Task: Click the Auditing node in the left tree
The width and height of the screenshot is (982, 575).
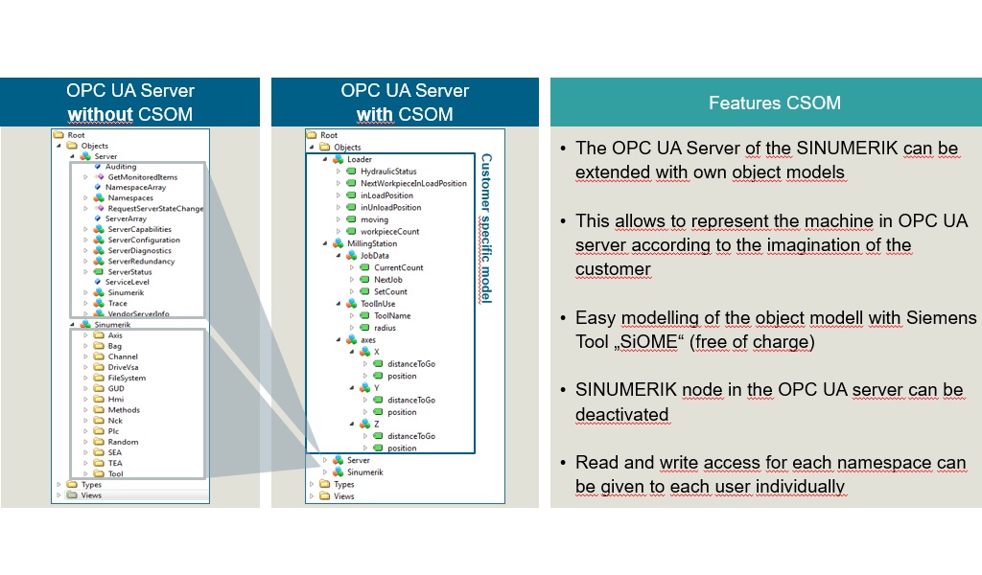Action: (120, 167)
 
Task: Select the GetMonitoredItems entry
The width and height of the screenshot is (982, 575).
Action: (141, 177)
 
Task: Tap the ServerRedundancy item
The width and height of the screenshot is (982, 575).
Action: (140, 261)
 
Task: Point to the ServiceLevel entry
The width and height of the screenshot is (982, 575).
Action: (127, 282)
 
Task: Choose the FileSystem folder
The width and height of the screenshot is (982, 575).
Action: (126, 378)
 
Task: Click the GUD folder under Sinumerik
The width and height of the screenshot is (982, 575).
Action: (115, 388)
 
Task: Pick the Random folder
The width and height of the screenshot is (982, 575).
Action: (122, 442)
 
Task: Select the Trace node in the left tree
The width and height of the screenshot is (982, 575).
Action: (116, 303)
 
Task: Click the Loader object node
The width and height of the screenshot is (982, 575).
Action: (359, 159)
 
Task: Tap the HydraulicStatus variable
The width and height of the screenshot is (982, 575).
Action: (387, 172)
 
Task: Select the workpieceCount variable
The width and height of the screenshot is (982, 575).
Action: (388, 231)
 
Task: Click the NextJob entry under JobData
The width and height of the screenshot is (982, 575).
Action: (389, 279)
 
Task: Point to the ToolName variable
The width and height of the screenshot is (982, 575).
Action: (391, 315)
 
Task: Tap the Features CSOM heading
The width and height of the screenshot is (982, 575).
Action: (760, 103)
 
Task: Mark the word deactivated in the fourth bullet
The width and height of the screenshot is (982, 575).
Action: (623, 415)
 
